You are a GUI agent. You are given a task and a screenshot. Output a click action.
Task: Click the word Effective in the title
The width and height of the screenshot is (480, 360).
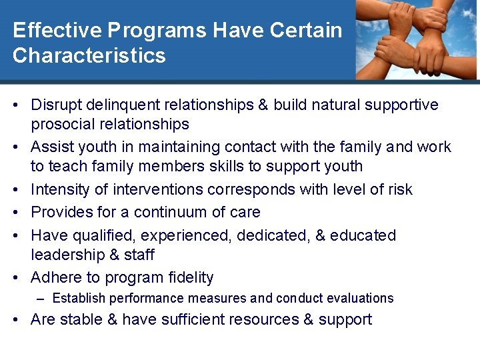coord(55,31)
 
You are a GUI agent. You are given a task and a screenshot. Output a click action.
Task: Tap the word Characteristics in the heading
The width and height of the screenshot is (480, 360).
coord(89,55)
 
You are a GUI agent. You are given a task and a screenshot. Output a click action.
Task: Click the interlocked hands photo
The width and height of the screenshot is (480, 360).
coord(416,40)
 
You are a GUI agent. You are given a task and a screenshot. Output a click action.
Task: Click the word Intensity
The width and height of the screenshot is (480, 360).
coord(61,189)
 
